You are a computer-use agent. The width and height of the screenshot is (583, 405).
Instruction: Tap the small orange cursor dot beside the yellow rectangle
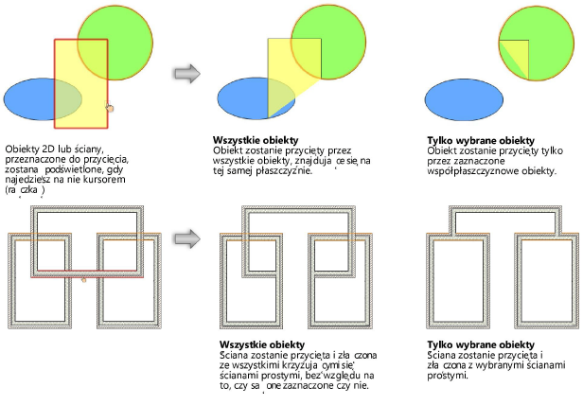coord(110,109)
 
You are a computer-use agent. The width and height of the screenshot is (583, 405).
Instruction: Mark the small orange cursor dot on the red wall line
coord(85,280)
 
